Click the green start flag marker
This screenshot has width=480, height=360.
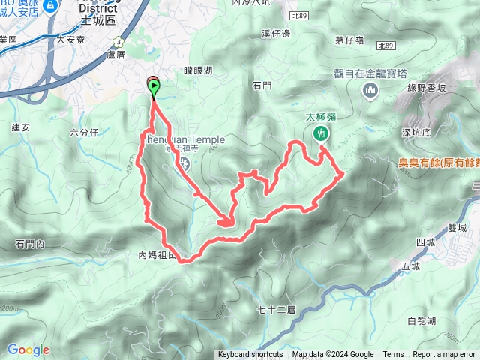(154, 89)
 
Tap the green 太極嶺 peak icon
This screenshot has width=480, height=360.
(320, 133)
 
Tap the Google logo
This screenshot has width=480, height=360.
(28, 349)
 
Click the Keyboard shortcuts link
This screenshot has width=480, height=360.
(250, 355)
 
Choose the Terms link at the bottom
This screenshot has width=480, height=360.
(393, 355)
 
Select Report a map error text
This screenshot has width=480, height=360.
(445, 355)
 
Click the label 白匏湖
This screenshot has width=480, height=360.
(421, 321)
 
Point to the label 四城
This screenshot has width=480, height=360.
(424, 241)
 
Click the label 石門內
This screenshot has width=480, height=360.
(30, 244)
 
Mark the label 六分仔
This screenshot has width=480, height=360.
(84, 133)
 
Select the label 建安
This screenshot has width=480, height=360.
(20, 127)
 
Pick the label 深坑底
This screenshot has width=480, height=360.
(415, 133)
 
